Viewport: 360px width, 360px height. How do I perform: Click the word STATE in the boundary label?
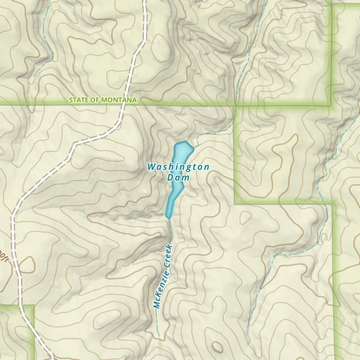(x=78, y=100)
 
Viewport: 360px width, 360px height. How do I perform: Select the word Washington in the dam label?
(x=178, y=167)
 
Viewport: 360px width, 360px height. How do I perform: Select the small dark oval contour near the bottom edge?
(x=217, y=347)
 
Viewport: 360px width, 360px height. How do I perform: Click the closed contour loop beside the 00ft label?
(x=27, y=266)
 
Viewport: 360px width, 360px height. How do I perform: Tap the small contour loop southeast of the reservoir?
(x=246, y=217)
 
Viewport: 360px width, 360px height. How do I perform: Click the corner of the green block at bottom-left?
(x=33, y=306)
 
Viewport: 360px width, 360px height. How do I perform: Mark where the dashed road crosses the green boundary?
(x=121, y=105)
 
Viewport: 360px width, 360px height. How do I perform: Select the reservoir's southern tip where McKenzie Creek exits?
(x=168, y=217)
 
